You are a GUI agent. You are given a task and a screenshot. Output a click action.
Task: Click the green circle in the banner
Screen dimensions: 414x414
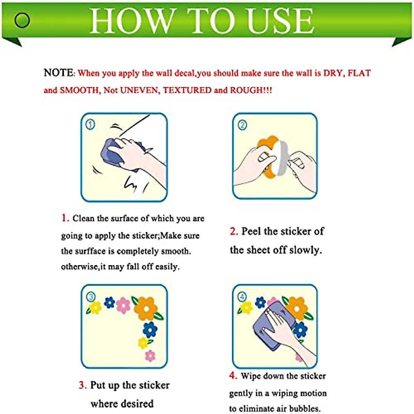click(x=22, y=20)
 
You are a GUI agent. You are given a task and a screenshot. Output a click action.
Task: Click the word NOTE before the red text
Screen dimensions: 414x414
click(x=58, y=72)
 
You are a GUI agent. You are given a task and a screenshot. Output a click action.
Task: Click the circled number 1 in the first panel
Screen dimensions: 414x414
click(x=90, y=125)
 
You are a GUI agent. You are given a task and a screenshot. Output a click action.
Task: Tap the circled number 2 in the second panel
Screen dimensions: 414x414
click(x=242, y=125)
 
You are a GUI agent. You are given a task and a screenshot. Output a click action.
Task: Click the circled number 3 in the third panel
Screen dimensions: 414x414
click(x=91, y=297)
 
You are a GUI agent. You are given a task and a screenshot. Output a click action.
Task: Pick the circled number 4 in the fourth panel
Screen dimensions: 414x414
click(x=242, y=297)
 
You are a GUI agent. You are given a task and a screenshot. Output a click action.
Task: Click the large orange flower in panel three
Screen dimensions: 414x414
click(x=146, y=308)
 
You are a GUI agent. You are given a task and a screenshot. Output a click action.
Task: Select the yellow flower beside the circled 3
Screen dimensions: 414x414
click(x=95, y=308)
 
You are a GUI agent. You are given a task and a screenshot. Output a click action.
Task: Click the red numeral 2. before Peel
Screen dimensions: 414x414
click(x=234, y=231)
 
